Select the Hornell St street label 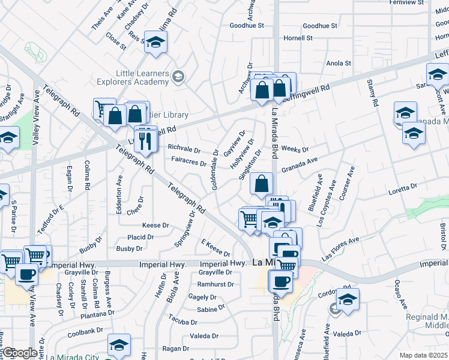pos(298,38)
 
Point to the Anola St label pos(338,63)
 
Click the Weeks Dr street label pos(294,149)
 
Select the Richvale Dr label pos(183,147)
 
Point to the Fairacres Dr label pos(188,162)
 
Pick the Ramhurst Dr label pos(215,284)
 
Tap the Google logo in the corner pos(19,353)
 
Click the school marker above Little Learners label pos(155,42)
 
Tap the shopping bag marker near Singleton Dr pos(261,184)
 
